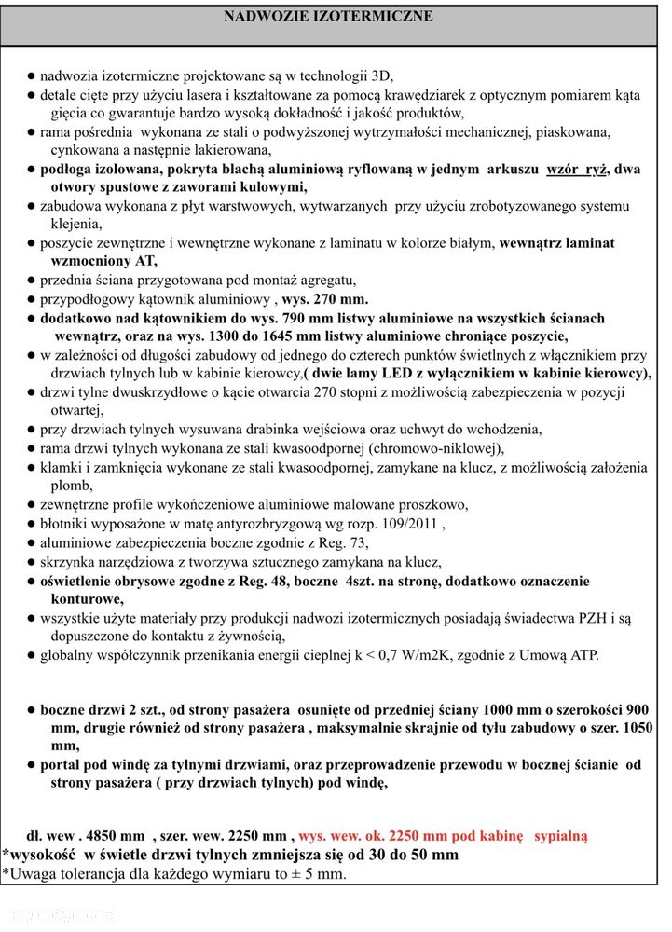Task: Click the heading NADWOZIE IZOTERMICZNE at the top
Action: pos(329,17)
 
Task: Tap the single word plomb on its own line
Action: pos(71,486)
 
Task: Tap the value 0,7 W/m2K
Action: pos(435,655)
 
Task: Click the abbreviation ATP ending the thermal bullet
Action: pos(581,655)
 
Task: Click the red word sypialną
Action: pos(561,836)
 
